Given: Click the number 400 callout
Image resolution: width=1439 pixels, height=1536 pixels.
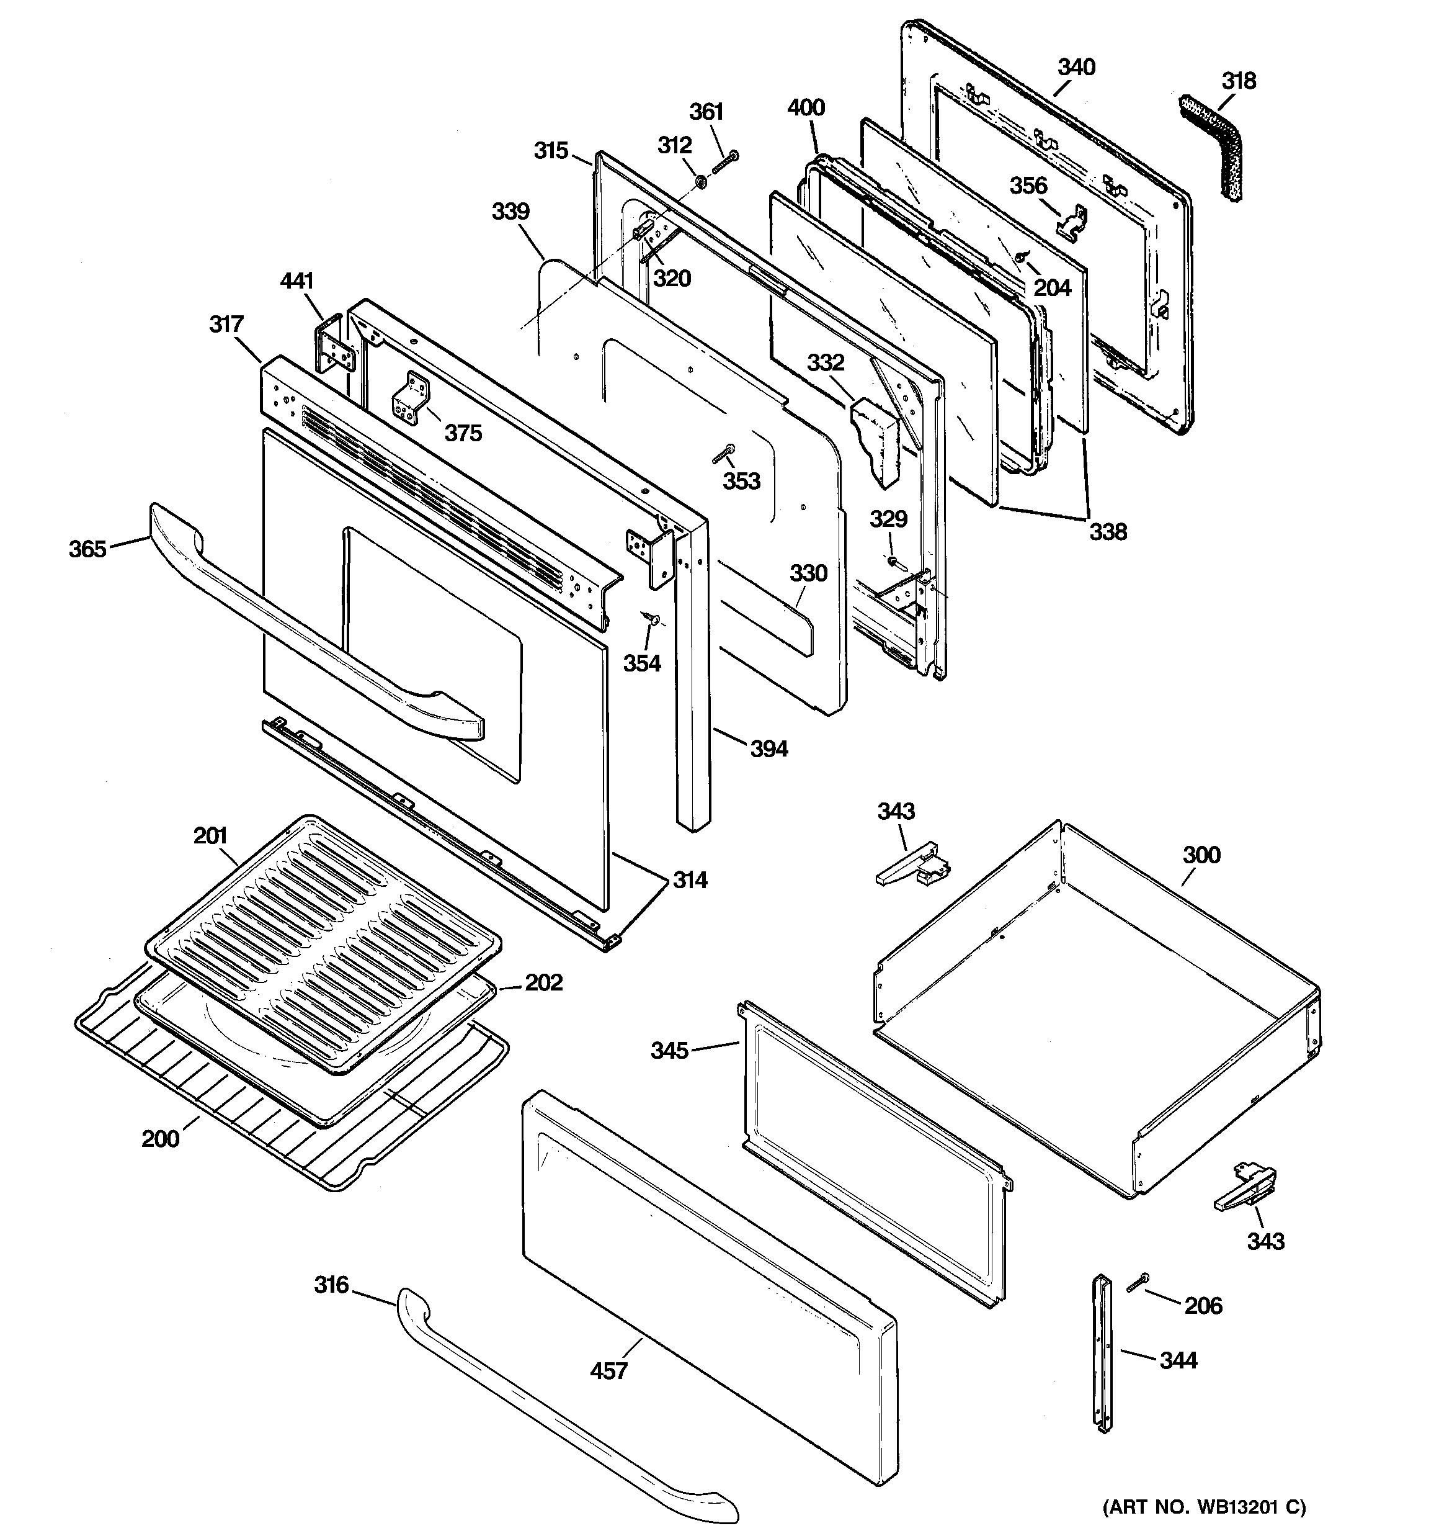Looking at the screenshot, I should click(806, 107).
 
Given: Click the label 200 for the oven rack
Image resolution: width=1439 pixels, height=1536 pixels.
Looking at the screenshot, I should click(160, 1139).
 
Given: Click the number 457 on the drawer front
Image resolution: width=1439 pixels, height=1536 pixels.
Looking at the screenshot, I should click(608, 1371).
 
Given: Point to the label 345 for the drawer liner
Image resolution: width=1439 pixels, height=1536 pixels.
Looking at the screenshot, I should click(669, 1051).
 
